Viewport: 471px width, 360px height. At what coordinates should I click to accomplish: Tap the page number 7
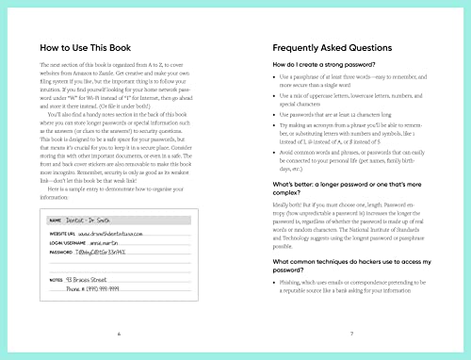pyautogui.click(x=349, y=334)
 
